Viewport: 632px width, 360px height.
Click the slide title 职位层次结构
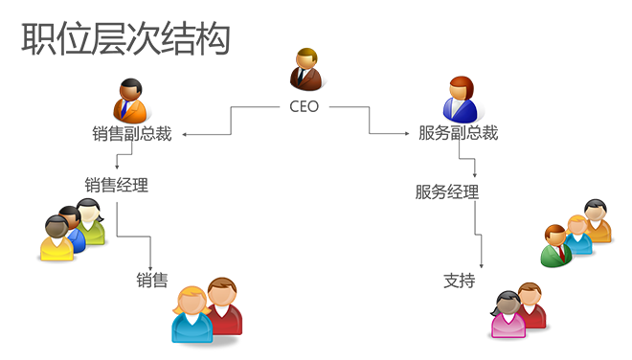[x=125, y=38]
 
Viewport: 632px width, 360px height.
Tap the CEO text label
[x=304, y=107]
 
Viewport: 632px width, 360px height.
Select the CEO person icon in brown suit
[x=306, y=69]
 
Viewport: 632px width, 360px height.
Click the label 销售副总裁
[x=132, y=133]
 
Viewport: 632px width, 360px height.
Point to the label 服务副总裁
[x=459, y=133]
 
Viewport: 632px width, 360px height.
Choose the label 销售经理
[x=117, y=185]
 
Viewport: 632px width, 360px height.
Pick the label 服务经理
[x=447, y=191]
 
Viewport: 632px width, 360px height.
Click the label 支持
[x=459, y=281]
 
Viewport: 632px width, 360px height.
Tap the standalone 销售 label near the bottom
[x=152, y=280]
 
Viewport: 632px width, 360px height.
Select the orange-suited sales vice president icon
[x=130, y=101]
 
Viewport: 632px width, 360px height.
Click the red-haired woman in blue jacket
[x=461, y=100]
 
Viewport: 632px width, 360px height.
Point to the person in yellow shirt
[x=57, y=237]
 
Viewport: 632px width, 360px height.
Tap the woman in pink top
[x=508, y=314]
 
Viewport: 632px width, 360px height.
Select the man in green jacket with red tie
[x=556, y=246]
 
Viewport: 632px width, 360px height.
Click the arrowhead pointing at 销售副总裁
[x=184, y=135]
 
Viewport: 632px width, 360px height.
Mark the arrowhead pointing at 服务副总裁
[x=407, y=133]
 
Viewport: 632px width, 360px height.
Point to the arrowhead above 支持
[x=482, y=266]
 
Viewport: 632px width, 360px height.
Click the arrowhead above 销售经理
[x=117, y=167]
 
